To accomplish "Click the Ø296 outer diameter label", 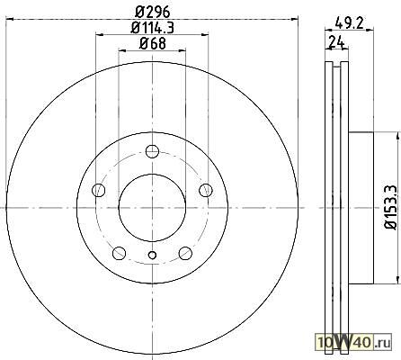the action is point(153,13).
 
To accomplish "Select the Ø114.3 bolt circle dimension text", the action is point(153,28).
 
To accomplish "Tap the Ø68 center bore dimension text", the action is point(153,44).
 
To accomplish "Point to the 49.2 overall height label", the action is point(349,22).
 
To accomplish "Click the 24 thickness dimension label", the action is point(336,41).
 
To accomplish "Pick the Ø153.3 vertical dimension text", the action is point(391,207).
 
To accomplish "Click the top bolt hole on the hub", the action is point(152,151).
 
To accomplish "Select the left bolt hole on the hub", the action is point(99,190).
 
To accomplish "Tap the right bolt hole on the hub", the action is point(206,190).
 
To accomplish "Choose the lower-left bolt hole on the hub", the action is point(119,253).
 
